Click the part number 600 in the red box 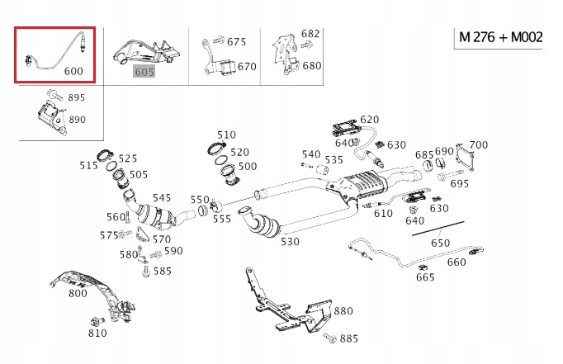coord(73,71)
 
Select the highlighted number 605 coord(145,72)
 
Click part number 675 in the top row coord(236,41)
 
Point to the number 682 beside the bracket coord(310,34)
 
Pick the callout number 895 coord(76,97)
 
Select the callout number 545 coord(162,198)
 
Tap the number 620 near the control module coord(369,120)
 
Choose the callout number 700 coord(478,145)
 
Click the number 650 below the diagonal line coord(441,243)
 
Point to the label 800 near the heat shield coord(78,292)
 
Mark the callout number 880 coord(343,311)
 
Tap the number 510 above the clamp coord(226,135)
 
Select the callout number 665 coord(425,277)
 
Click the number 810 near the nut coord(97,333)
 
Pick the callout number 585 coord(162,270)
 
